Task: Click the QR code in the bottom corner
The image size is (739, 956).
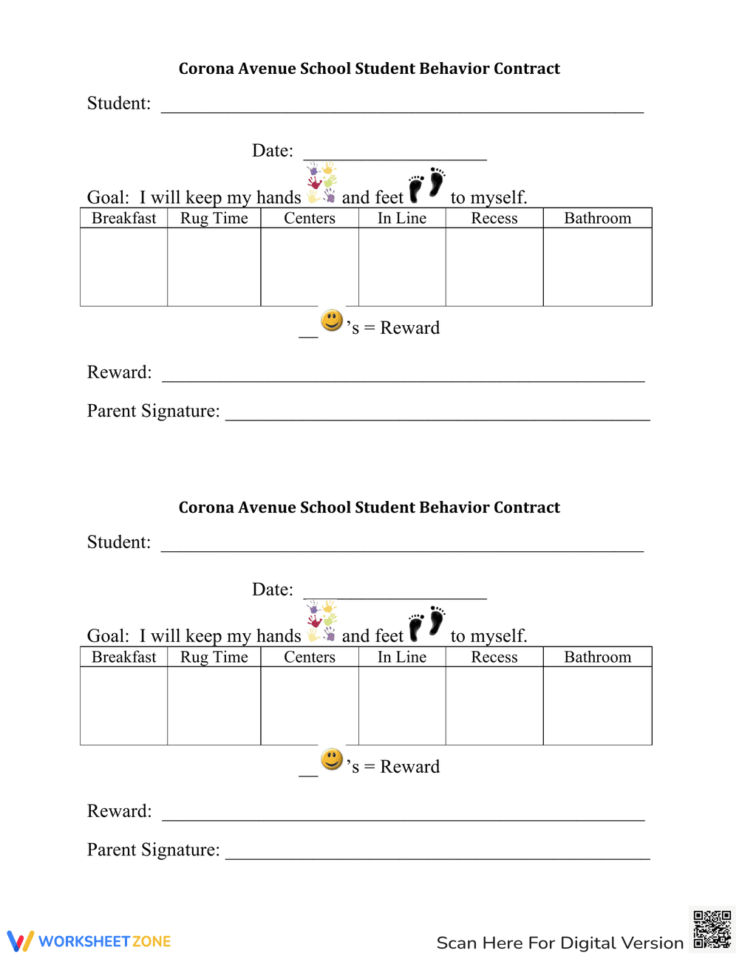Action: pyautogui.click(x=712, y=929)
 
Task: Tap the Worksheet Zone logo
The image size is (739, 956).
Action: pyautogui.click(x=89, y=941)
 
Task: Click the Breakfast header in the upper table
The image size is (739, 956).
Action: pyautogui.click(x=124, y=219)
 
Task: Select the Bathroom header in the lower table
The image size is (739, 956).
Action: pyautogui.click(x=597, y=658)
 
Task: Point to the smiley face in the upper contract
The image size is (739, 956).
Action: pyautogui.click(x=332, y=321)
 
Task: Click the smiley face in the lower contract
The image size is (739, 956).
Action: pyautogui.click(x=332, y=759)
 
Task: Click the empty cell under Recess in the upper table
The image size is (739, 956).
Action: pyautogui.click(x=494, y=267)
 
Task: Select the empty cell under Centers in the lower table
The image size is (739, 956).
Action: pyautogui.click(x=310, y=706)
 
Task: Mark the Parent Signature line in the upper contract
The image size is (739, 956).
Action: pyautogui.click(x=437, y=414)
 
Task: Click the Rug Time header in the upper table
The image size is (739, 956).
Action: pyautogui.click(x=214, y=219)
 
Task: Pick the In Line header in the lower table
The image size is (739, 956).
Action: pyautogui.click(x=402, y=658)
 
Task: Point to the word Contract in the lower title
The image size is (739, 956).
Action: pyautogui.click(x=527, y=508)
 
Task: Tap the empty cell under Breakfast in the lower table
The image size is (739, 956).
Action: pyautogui.click(x=124, y=706)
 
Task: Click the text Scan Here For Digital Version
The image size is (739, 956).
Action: pyautogui.click(x=560, y=943)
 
